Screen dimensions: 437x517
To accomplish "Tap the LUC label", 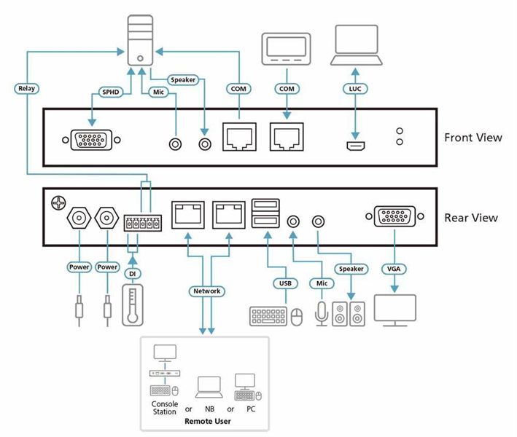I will (x=355, y=88).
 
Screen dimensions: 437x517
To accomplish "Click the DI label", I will (x=132, y=273).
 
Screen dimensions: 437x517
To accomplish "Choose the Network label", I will (x=206, y=291).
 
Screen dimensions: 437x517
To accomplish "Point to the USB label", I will (x=285, y=283).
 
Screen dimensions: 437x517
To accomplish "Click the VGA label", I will (x=394, y=269).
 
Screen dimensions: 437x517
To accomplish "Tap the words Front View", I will (x=473, y=137).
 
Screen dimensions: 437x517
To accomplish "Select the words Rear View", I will (x=471, y=217).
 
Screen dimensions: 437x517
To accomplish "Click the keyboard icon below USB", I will (x=268, y=315).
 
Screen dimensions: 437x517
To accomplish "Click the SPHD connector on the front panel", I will (x=92, y=140).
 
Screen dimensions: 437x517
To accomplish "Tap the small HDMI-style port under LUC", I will (x=355, y=145).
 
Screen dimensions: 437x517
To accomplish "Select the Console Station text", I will (x=164, y=408).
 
